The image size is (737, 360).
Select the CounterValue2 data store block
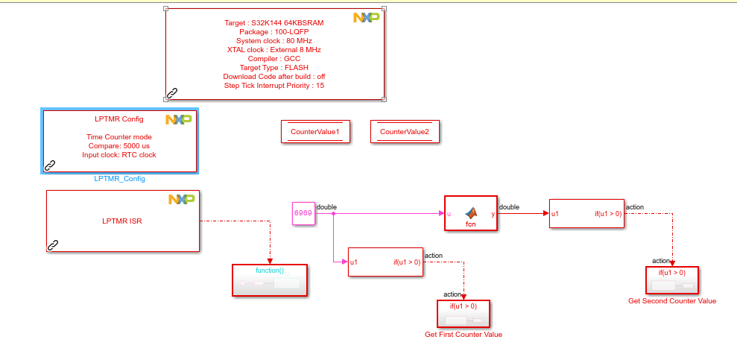click(x=404, y=132)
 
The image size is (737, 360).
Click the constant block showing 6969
click(x=303, y=213)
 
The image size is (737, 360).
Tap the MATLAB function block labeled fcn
click(x=470, y=214)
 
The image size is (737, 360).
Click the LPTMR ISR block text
click(x=121, y=221)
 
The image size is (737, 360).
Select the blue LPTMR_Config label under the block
click(x=119, y=179)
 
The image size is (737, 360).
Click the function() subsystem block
click(x=270, y=280)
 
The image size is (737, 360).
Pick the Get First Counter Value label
click(x=464, y=335)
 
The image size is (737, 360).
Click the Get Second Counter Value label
click(x=672, y=301)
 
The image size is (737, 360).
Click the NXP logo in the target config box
click(x=366, y=17)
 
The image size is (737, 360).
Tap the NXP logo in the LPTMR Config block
click(x=179, y=119)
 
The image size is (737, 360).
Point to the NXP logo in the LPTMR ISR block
click(x=181, y=199)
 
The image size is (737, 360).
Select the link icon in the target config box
click(x=172, y=92)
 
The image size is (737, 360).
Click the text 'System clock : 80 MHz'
click(x=273, y=41)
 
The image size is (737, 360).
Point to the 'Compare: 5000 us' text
click(x=118, y=146)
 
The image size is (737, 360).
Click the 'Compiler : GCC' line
click(x=273, y=59)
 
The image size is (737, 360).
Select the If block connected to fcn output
click(x=586, y=214)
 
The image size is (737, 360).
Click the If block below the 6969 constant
click(x=385, y=262)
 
